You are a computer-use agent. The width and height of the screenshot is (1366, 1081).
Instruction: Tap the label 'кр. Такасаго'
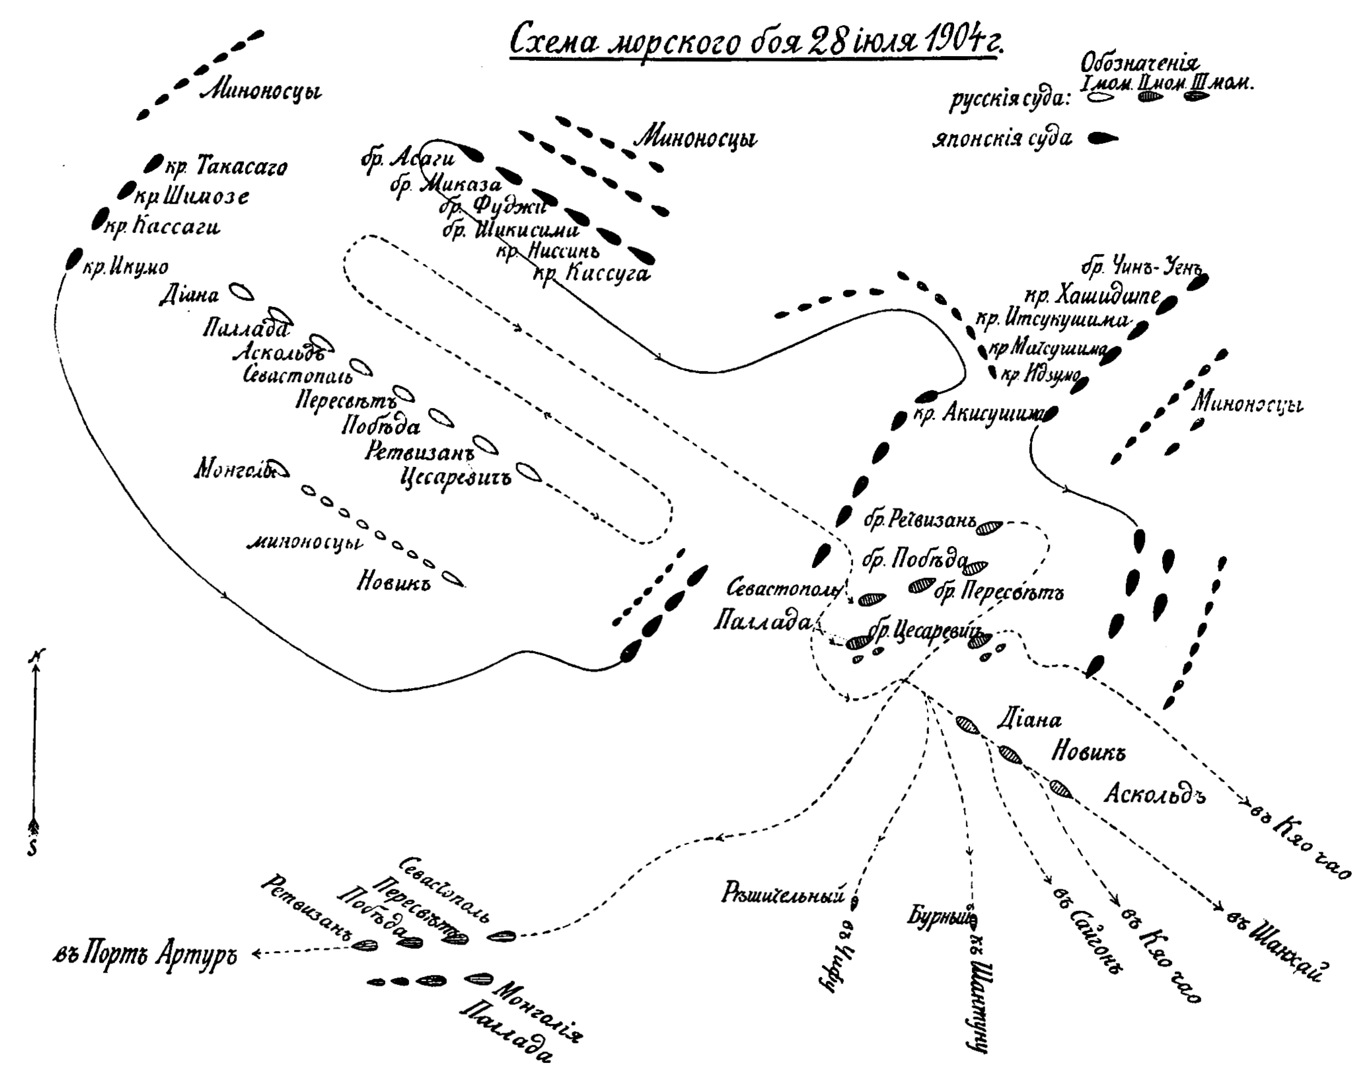226,167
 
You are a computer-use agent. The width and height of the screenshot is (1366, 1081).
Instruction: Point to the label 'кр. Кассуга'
591,274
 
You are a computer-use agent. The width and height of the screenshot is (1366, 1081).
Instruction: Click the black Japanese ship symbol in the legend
1102,138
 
